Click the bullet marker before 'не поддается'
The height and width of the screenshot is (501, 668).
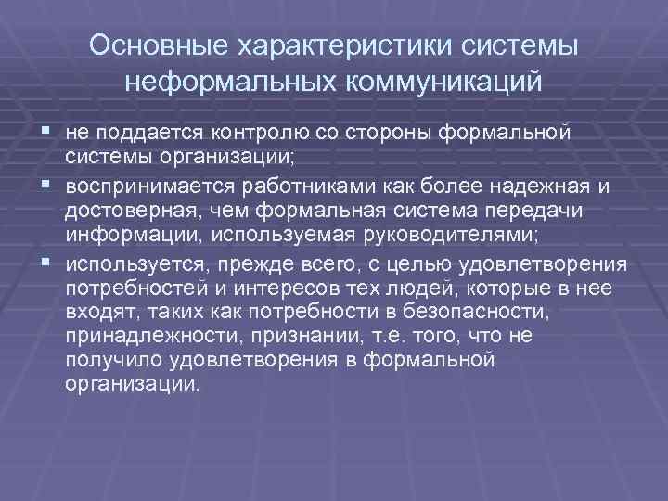point(45,132)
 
